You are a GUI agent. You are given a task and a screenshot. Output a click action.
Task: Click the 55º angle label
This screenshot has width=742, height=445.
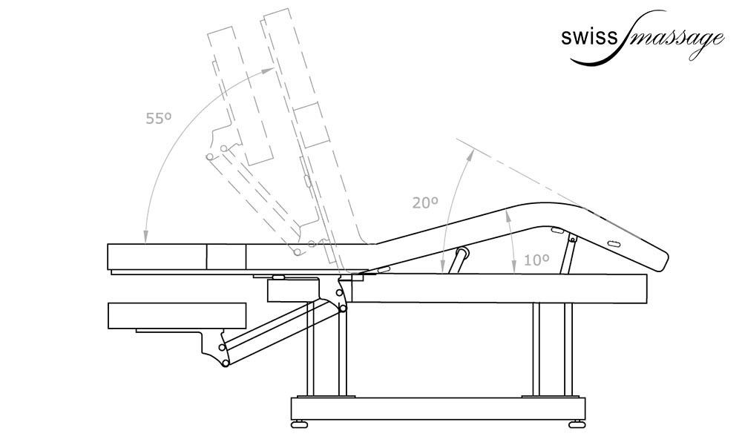[x=159, y=117]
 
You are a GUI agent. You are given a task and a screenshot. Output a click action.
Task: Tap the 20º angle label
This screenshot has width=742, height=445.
[x=425, y=202]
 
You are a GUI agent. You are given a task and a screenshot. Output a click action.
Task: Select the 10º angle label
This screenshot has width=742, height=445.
[x=536, y=260]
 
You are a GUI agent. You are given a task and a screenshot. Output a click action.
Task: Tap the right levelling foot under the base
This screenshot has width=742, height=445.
[x=576, y=424]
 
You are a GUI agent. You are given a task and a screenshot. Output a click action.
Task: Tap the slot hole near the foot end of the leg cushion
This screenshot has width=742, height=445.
[x=614, y=244]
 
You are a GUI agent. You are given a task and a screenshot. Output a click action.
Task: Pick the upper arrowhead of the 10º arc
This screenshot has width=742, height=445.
[x=507, y=213]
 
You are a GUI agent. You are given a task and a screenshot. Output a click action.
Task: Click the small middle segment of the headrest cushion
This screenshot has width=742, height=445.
[x=226, y=257]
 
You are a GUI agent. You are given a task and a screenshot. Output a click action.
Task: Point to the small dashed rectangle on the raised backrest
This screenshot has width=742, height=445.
[x=312, y=124]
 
